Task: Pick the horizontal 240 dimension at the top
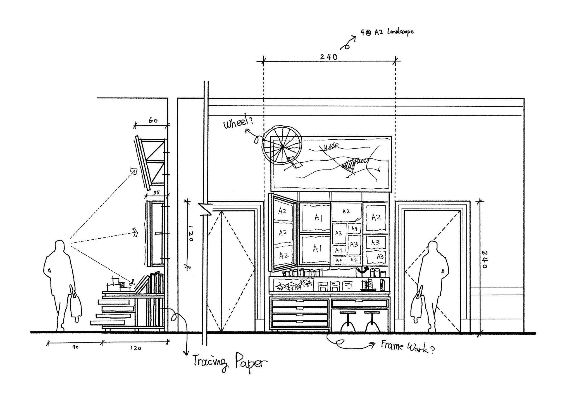click(x=329, y=57)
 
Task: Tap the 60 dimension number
click(x=153, y=121)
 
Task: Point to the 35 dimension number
click(x=156, y=193)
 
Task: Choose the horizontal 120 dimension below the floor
click(x=135, y=348)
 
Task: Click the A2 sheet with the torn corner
click(x=346, y=212)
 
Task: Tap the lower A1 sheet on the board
click(x=315, y=249)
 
